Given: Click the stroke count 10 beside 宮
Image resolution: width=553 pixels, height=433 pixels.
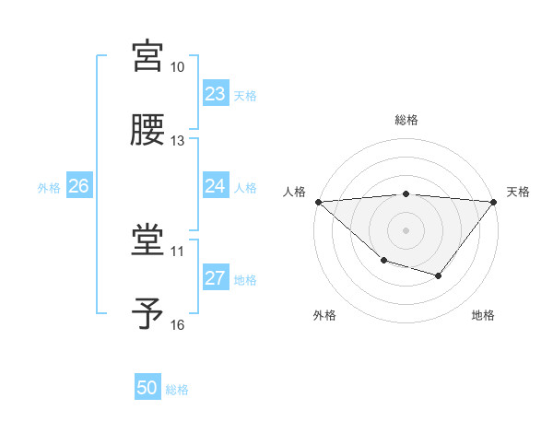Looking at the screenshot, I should coord(178,67).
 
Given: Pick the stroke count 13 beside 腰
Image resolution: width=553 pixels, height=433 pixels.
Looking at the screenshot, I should coord(178,141).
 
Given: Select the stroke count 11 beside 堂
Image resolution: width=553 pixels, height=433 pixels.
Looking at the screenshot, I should coord(178,251).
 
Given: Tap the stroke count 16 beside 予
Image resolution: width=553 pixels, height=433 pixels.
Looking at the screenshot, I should coord(178,324).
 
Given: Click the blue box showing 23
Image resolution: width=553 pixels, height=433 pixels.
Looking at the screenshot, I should coord(216,94).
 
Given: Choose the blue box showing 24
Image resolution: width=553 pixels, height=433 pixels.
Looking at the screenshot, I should coord(216,186).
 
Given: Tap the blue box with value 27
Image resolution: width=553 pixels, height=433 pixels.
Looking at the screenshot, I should coord(216,278).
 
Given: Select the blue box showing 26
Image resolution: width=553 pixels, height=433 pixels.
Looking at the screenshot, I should coord(78,186).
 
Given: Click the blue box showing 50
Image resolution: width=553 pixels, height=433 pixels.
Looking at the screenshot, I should coord(147,388).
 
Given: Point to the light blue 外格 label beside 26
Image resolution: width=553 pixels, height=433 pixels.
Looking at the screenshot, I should coord(49,187).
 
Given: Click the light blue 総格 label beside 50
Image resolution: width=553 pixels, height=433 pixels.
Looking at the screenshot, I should coord(177,389).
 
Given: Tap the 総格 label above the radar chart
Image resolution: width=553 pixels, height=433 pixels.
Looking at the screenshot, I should coord(406,120).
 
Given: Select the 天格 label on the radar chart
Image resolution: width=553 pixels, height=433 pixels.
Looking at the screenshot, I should coord(518,192).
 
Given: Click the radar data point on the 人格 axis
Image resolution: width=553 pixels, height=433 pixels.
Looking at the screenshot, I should coord(318,202).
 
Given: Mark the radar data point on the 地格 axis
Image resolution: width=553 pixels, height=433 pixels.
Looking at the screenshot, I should coord(439,275).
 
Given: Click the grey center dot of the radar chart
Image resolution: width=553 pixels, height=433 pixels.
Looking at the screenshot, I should coord(406,229).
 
